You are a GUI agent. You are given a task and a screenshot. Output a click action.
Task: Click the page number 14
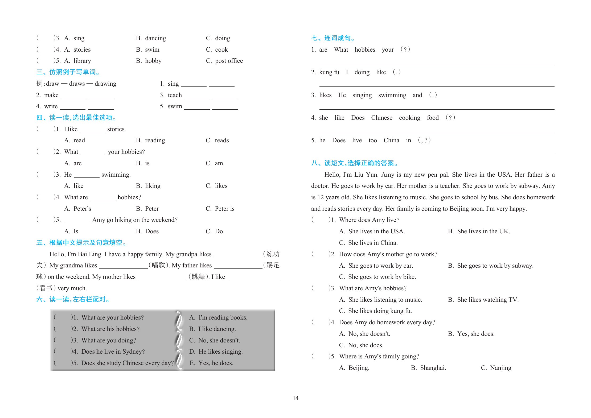pos(295,398)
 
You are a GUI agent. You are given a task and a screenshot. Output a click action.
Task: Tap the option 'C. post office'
pos(224,61)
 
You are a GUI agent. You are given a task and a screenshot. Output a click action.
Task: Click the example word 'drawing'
pos(105,84)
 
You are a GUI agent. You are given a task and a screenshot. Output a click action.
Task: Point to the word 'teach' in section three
pos(175,95)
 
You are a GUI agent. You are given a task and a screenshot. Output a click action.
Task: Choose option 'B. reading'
pos(150,140)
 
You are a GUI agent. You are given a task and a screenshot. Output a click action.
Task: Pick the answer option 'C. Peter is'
pos(220,209)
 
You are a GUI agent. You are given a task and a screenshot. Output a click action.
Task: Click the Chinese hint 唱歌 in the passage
pos(158,265)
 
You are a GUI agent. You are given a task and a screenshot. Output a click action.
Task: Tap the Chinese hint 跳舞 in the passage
pos(198,277)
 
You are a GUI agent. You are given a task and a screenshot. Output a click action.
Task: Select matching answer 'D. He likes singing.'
pos(216,352)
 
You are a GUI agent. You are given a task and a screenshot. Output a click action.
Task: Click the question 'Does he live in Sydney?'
pos(113,352)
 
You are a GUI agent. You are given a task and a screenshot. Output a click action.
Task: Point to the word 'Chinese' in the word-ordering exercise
pos(381,118)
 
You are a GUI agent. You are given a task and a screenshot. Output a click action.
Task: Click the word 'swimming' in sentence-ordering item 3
pos(392,95)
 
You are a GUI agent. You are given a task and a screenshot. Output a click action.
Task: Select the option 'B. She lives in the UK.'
pos(479,231)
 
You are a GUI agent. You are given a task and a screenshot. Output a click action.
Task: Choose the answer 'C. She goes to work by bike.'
pos(377,277)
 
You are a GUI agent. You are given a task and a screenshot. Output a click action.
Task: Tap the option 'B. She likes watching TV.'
pos(483,300)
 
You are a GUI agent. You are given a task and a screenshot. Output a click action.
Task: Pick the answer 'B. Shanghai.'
pos(428,368)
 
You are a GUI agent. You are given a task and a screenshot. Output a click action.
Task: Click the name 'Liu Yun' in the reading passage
pos(366,175)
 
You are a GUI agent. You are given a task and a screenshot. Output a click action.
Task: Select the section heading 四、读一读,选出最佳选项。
pos(76,118)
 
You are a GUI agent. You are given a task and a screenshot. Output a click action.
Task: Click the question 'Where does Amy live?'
pos(369,220)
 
